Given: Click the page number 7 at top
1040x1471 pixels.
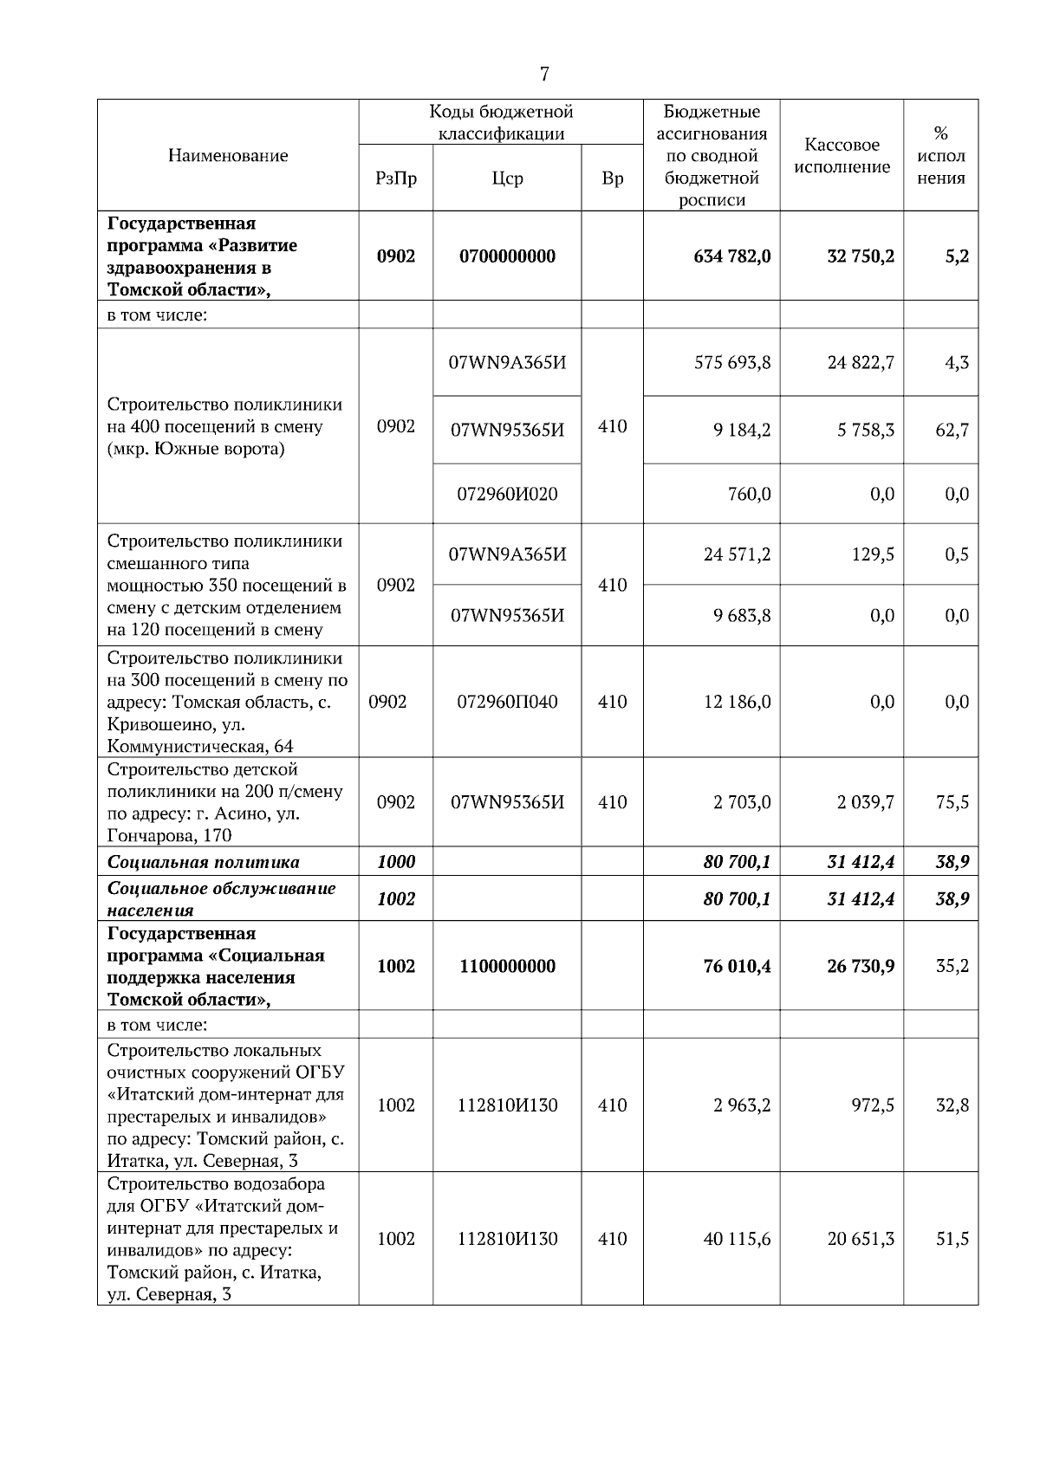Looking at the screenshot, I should click(544, 75).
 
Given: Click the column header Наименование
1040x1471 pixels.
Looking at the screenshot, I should click(228, 156).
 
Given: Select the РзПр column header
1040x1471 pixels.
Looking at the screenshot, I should click(396, 178).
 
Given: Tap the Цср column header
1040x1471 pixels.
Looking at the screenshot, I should click(507, 178).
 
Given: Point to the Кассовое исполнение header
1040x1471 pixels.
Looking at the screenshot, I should click(842, 156).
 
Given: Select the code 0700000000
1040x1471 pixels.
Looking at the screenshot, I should click(507, 256).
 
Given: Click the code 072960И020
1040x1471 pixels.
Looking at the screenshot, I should click(507, 494).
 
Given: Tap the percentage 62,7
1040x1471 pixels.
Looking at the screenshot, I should click(952, 430).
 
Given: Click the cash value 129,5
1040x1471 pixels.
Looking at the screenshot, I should click(873, 554).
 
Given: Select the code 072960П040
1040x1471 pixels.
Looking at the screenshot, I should click(507, 702).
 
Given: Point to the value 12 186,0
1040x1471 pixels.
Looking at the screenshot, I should click(737, 702).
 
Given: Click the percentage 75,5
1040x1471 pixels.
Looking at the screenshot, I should click(952, 802).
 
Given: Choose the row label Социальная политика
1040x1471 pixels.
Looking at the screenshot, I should click(204, 862).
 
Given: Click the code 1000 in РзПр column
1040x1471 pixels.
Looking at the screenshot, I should click(396, 862).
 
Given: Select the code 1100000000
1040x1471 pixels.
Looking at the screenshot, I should click(507, 966).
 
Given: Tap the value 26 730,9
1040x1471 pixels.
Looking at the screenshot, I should click(861, 966).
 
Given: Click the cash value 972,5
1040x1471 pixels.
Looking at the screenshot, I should click(873, 1105).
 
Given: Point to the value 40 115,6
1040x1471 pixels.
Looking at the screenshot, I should click(737, 1239).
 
